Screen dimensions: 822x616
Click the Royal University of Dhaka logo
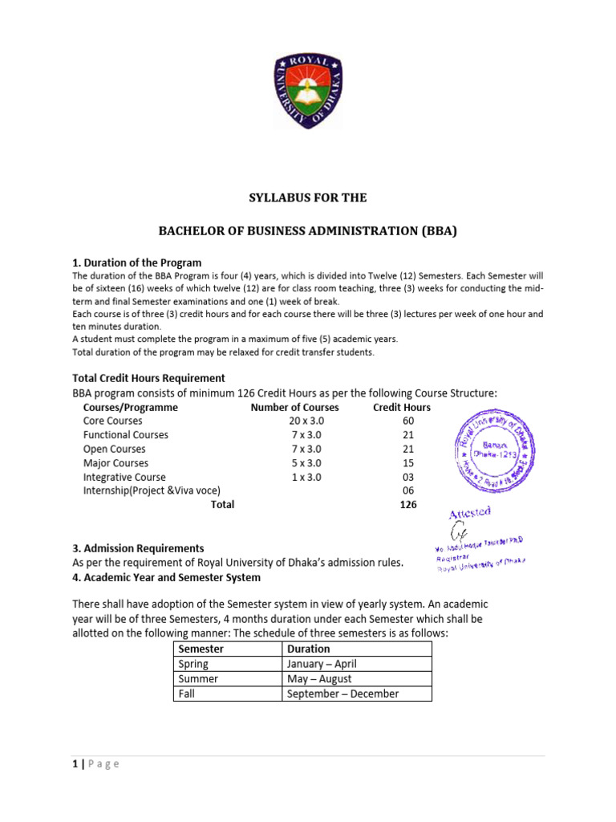(308, 92)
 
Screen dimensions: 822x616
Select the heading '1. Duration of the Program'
(137, 262)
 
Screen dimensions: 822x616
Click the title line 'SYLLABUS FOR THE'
(308, 197)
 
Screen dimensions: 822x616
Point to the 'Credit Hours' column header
(402, 407)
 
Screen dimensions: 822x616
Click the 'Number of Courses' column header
(294, 407)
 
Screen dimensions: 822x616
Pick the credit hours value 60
(408, 421)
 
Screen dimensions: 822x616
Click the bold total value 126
(408, 504)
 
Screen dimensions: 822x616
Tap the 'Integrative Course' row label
(124, 477)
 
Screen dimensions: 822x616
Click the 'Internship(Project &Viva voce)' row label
(152, 490)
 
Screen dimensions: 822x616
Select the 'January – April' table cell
(322, 664)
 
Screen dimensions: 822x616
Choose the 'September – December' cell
(342, 694)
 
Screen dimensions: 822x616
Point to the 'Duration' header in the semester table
(308, 649)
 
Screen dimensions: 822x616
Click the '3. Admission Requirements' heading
(138, 547)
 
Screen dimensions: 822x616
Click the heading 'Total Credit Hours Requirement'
(148, 377)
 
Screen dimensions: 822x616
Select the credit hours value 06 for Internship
(408, 490)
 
